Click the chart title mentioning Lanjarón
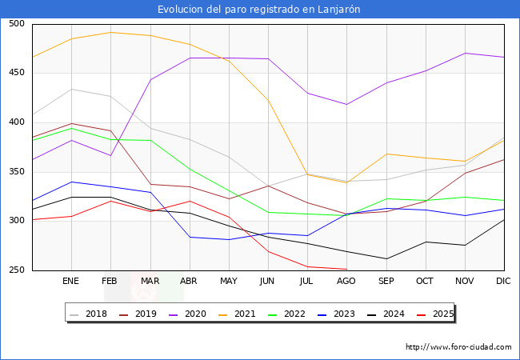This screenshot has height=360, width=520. pos(259,9)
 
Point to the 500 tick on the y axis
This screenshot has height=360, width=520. pos(17,24)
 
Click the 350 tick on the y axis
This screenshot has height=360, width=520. pos(17,172)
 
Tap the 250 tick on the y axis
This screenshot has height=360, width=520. pos(17,270)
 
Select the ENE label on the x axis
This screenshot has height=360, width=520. pos(71,282)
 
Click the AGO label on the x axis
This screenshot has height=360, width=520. pos(346,282)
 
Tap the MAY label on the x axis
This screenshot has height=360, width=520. pos(229,282)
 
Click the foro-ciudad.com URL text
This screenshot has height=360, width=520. pos(458,347)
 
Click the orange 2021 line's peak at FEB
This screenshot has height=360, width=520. pos(110,32)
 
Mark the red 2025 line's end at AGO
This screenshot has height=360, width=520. pos(346,269)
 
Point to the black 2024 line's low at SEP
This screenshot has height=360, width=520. pos(386,258)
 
